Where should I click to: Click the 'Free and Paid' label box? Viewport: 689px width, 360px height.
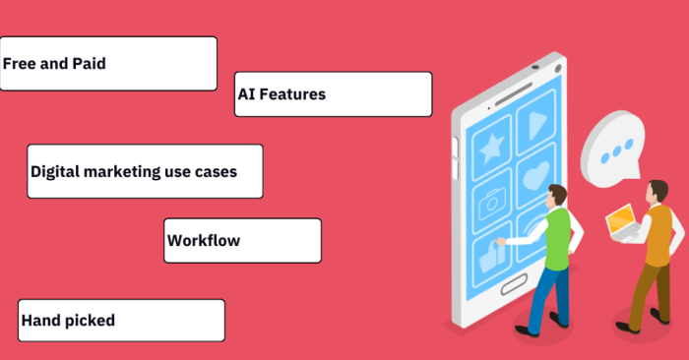click(x=108, y=64)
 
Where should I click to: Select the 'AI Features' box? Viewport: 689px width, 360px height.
click(x=333, y=94)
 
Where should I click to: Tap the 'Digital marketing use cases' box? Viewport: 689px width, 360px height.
click(x=145, y=171)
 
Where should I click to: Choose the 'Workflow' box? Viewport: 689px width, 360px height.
click(x=242, y=240)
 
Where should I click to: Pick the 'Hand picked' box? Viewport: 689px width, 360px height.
click(x=121, y=320)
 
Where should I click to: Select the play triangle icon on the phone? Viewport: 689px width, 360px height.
click(x=535, y=124)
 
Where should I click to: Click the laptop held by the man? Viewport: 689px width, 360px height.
click(x=621, y=222)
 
